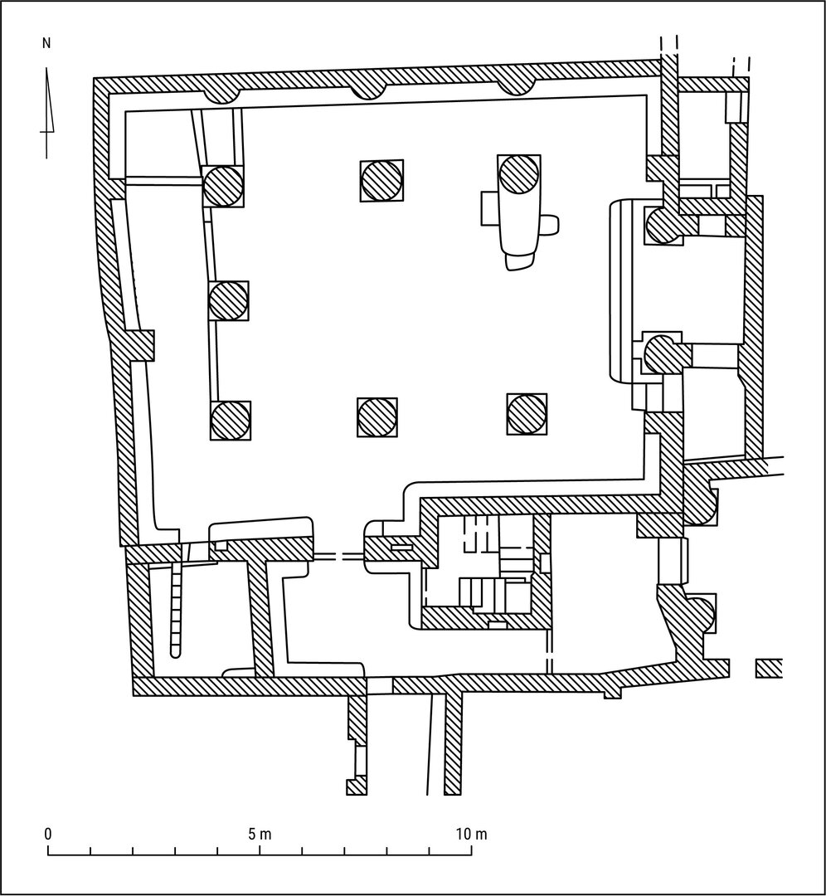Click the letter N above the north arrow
(x=46, y=43)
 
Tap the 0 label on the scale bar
(x=48, y=835)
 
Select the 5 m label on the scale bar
(x=260, y=835)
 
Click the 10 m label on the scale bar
(x=472, y=835)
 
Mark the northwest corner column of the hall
(x=223, y=186)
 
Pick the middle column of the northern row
(x=381, y=180)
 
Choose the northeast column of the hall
(x=518, y=174)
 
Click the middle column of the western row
(x=229, y=300)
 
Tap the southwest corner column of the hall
(x=231, y=420)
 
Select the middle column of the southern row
(x=377, y=416)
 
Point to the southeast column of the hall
(x=527, y=413)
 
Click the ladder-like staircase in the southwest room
(x=175, y=609)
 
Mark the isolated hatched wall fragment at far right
(x=768, y=669)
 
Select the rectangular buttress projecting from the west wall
(x=141, y=345)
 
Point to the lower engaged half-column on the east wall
(x=663, y=353)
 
